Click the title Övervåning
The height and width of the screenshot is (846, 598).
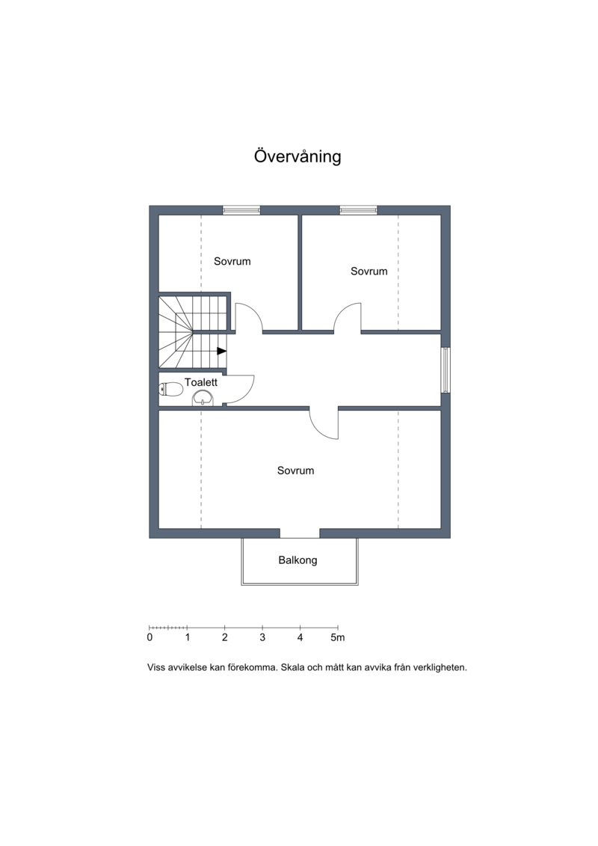pos(298,156)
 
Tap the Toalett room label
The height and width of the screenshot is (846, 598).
pos(201,382)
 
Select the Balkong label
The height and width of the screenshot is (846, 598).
pos(298,560)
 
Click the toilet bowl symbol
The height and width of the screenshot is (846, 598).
pos(171,389)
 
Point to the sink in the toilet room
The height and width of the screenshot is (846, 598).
pos(203,398)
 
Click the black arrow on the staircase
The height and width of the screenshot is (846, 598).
pos(221,351)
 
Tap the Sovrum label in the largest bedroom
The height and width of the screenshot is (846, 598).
pos(295,470)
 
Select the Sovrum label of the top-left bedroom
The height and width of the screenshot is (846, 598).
pos(232,261)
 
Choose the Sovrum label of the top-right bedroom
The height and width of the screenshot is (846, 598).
pos(369,272)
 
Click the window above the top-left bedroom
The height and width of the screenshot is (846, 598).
pos(241,210)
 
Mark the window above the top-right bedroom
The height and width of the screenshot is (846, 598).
pos(359,210)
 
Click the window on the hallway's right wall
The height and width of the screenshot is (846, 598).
pos(446,370)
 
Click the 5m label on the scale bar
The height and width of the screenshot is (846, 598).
pos(338,638)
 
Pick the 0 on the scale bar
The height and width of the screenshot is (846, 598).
pos(149,638)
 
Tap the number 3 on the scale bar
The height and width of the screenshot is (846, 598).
pos(262,638)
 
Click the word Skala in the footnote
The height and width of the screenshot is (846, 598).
pos(292,667)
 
